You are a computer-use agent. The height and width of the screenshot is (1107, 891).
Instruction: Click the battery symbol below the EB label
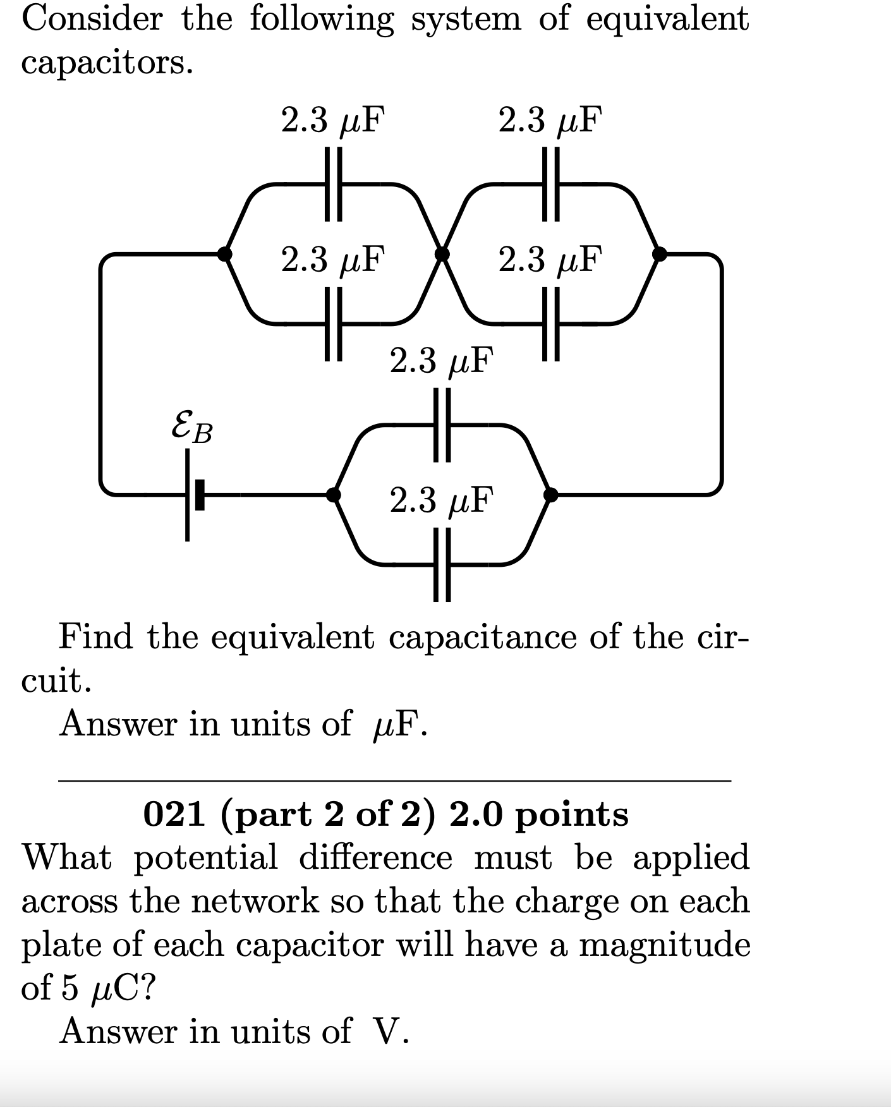tap(193, 494)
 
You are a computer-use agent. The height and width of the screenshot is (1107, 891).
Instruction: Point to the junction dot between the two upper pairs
tap(442, 254)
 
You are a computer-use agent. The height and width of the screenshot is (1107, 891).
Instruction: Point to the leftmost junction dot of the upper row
tap(224, 254)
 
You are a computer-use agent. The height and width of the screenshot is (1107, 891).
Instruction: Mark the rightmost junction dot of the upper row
tap(659, 254)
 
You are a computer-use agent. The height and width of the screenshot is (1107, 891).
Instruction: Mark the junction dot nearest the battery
tap(333, 494)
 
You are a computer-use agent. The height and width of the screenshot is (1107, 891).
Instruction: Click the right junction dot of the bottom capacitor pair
tap(551, 494)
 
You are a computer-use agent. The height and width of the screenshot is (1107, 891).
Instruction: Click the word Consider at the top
tap(92, 19)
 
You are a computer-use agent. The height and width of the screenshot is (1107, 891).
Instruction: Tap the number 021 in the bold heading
tap(174, 814)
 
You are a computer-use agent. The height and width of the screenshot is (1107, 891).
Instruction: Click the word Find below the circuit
tap(95, 636)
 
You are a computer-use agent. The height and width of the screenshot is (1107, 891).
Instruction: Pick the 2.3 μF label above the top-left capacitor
tap(333, 119)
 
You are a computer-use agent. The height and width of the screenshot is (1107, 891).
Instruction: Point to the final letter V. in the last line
tap(392, 1032)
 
